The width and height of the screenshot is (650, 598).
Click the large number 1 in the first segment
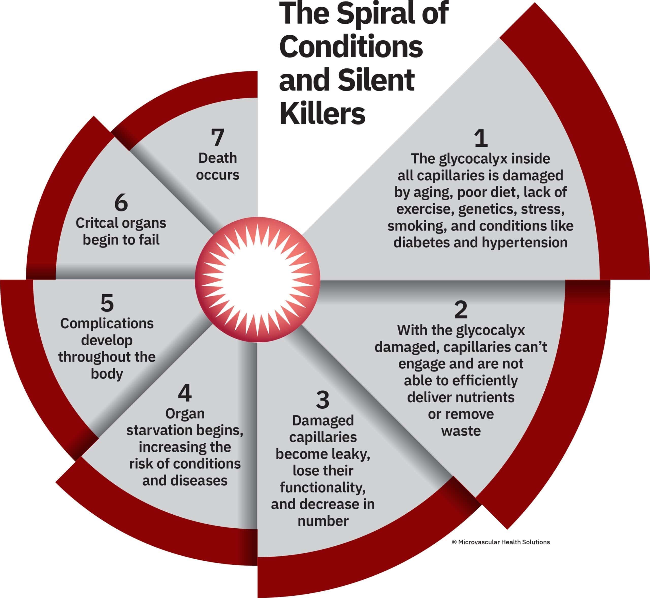[481, 138]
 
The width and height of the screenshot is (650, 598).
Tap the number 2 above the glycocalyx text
[461, 310]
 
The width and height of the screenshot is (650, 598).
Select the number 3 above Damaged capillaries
[322, 400]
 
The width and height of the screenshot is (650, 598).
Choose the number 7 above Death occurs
[218, 137]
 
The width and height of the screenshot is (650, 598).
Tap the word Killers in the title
[322, 114]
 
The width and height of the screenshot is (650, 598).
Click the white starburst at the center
[258, 280]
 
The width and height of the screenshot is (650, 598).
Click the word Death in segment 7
[218, 158]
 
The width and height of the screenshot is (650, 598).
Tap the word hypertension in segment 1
[525, 242]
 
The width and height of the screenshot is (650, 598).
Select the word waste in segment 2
[461, 431]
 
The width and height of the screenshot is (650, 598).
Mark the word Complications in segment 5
[107, 324]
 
